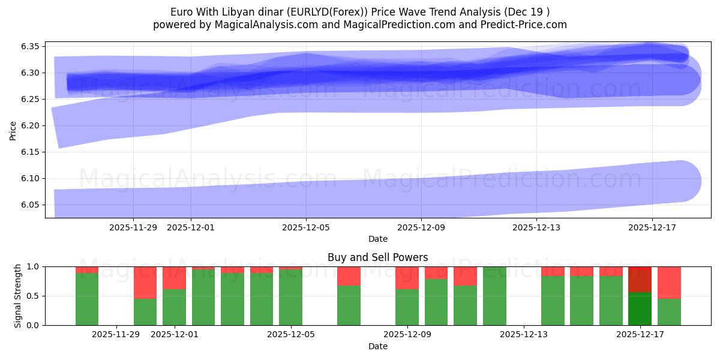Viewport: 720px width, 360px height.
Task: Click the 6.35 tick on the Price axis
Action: pyautogui.click(x=31, y=47)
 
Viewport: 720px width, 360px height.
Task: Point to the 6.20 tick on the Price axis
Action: pyautogui.click(x=31, y=126)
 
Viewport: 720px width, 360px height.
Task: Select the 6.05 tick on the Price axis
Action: pyautogui.click(x=31, y=205)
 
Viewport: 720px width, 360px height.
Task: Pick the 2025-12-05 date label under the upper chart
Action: pyautogui.click(x=306, y=227)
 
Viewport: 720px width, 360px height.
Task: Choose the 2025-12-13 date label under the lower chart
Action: pyautogui.click(x=524, y=335)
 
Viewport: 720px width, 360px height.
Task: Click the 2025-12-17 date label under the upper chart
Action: pyautogui.click(x=652, y=227)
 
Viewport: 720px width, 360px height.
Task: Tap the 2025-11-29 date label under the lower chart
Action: pyautogui.click(x=116, y=335)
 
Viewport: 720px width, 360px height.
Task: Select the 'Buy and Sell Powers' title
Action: pyautogui.click(x=377, y=257)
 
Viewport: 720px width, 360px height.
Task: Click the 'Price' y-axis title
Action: pyautogui.click(x=13, y=130)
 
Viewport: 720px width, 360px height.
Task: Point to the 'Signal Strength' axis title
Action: pyautogui.click(x=18, y=296)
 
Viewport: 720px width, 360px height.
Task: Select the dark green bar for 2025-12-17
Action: pyautogui.click(x=640, y=308)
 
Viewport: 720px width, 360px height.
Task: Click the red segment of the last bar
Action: pyautogui.click(x=669, y=282)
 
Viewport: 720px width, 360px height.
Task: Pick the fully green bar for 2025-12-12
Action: pyautogui.click(x=494, y=296)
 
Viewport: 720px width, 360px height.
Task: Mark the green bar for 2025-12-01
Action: pyautogui.click(x=174, y=307)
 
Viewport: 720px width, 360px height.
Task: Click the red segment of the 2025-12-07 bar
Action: pyautogui.click(x=349, y=276)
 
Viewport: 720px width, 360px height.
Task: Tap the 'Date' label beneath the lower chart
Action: pyautogui.click(x=377, y=346)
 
